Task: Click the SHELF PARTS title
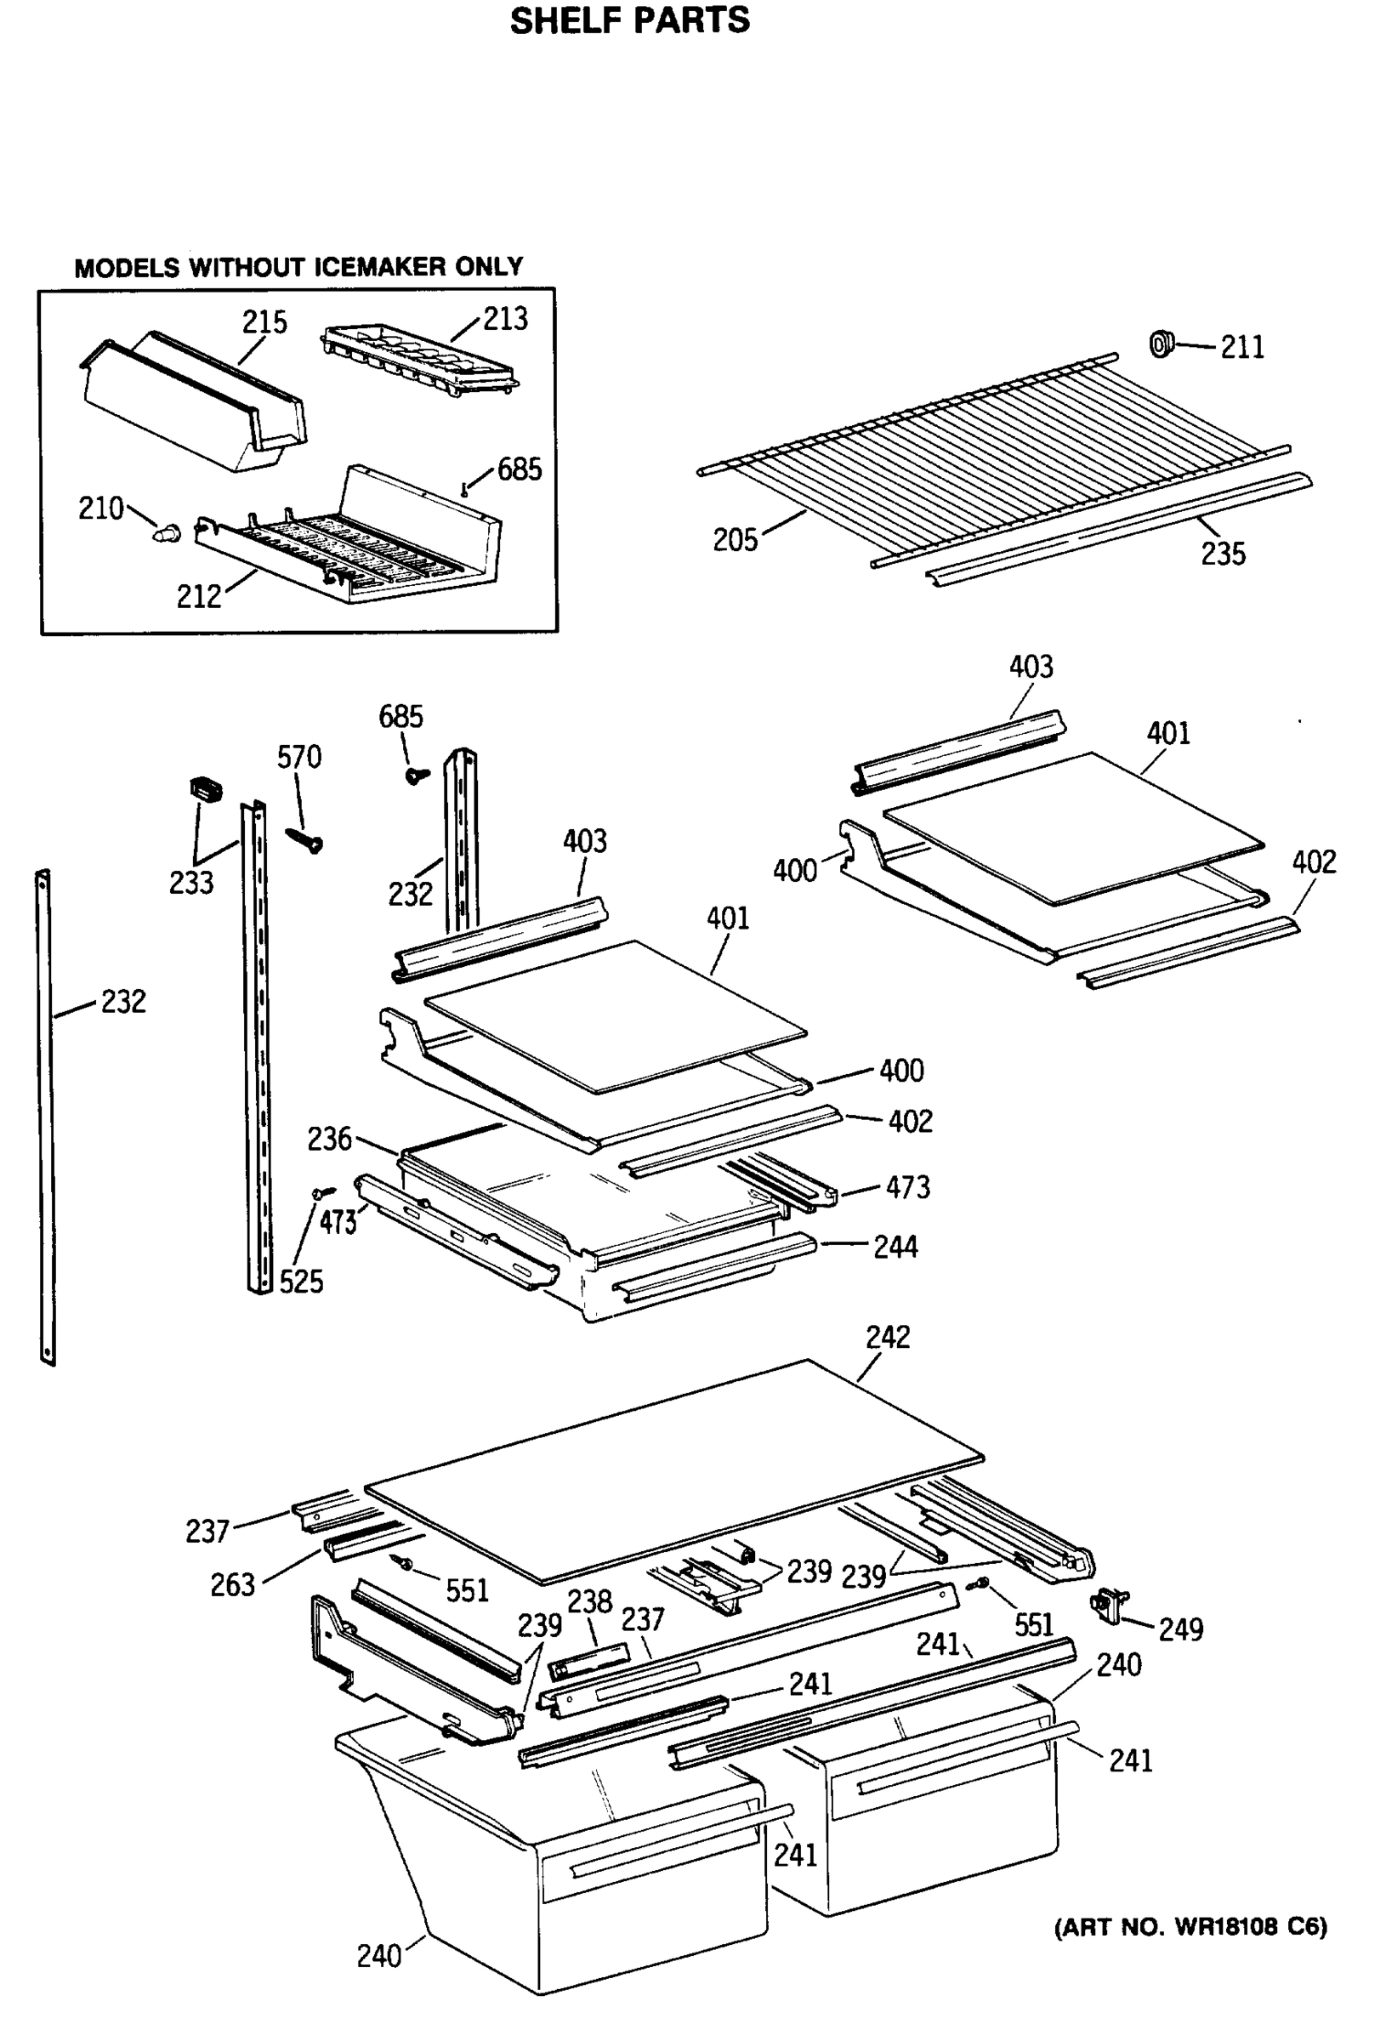630,21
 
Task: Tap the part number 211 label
1242,349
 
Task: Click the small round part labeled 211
1162,344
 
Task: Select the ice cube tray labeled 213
420,360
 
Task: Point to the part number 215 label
264,323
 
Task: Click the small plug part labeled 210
167,532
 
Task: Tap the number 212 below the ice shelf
198,597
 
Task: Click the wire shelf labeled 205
992,457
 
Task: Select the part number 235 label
1223,554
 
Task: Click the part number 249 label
1179,1630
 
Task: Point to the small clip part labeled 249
1108,1606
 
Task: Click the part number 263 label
232,1585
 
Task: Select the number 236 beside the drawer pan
329,1139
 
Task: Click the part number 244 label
895,1247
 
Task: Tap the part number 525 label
301,1282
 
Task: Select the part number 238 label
589,1601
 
